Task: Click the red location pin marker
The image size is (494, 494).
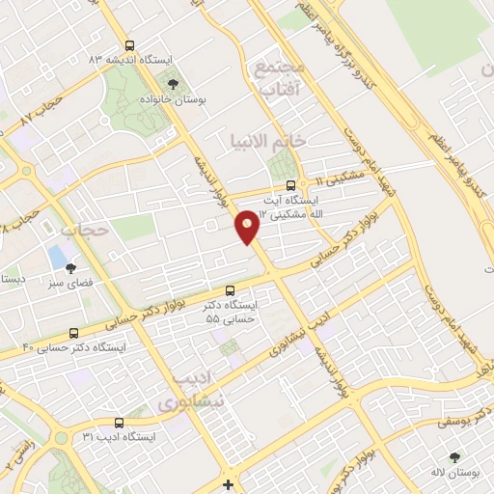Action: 248,226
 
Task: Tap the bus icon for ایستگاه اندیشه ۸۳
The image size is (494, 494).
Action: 129,44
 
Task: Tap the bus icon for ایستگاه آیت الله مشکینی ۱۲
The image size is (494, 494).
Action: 290,187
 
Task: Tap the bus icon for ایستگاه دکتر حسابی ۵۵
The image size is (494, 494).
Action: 230,290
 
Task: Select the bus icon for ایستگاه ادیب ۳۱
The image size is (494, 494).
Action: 119,423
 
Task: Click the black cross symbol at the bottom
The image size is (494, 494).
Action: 227,484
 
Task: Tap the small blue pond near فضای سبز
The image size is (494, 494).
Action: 57,257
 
